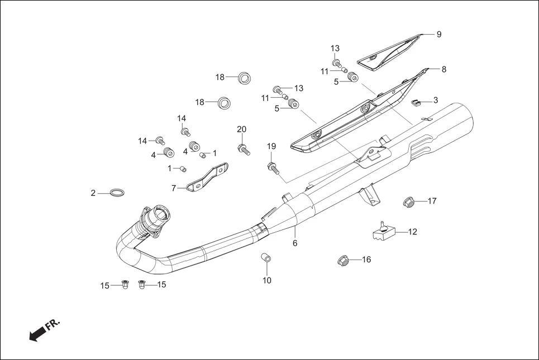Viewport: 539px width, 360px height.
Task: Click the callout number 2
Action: (x=93, y=193)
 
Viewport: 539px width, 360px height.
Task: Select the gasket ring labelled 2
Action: (x=117, y=193)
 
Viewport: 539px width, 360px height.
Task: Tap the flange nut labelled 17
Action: (x=409, y=201)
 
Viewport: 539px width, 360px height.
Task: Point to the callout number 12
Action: (x=412, y=232)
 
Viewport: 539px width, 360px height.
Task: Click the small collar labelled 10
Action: (x=266, y=258)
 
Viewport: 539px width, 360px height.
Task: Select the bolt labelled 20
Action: (x=244, y=149)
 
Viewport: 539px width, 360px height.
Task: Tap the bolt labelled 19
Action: (x=273, y=167)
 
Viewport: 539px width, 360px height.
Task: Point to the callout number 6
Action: (x=295, y=243)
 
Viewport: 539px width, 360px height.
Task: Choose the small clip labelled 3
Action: (x=415, y=102)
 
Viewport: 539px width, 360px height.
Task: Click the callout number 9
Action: (x=439, y=34)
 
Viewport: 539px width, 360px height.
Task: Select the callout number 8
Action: (x=444, y=70)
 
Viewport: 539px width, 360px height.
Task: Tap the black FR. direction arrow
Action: (x=37, y=334)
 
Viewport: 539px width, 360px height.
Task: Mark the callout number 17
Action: (x=432, y=201)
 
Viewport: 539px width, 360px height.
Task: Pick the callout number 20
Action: (x=241, y=129)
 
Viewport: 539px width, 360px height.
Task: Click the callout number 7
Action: (x=174, y=189)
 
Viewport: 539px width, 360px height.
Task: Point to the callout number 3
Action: (x=436, y=100)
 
